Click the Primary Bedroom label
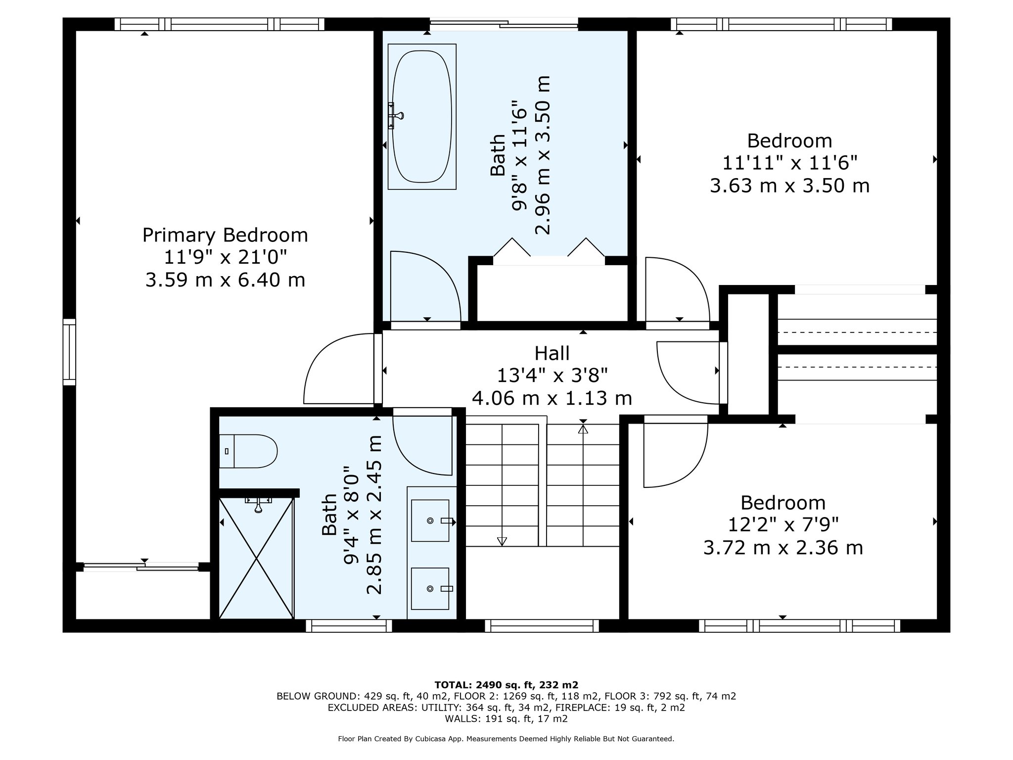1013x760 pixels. [x=225, y=235]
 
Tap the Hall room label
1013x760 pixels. [x=552, y=353]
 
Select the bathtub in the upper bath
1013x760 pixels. [x=422, y=116]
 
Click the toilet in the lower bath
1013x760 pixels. [x=248, y=451]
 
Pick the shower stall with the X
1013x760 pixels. [x=256, y=558]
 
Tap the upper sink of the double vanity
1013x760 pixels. [x=430, y=521]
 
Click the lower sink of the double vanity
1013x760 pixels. [x=430, y=588]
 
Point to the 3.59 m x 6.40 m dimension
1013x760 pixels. [x=225, y=280]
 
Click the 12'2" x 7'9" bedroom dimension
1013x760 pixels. [x=783, y=524]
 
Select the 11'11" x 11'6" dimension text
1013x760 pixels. [x=790, y=163]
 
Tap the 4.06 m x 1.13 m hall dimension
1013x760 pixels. [x=552, y=398]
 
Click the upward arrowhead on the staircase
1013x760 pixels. [x=583, y=429]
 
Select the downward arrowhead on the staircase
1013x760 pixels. [x=502, y=541]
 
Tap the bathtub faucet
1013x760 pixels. [x=396, y=116]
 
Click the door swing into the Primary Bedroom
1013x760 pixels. [x=339, y=369]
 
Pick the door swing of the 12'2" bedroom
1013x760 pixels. [x=676, y=452]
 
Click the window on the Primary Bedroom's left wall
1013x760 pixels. [x=69, y=352]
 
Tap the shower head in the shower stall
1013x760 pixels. [x=258, y=505]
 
